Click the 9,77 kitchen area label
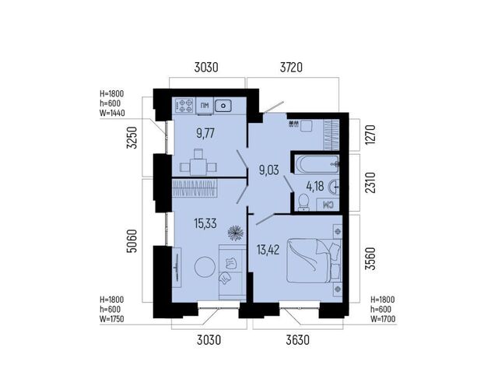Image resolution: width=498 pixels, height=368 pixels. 205,134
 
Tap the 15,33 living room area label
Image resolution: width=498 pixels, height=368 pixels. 205,223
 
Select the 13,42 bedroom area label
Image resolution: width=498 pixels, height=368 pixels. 268,250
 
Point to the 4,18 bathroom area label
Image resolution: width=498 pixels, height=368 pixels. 314,186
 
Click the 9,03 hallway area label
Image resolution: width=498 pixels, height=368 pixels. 269,170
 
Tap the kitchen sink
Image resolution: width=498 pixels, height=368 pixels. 223,105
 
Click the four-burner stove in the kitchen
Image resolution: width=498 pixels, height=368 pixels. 184,106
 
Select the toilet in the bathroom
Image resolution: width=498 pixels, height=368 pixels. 304,202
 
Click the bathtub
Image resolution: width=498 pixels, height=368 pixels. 317,164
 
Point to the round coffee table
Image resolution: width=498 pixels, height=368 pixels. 205,267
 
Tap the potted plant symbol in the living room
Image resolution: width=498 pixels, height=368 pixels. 236,233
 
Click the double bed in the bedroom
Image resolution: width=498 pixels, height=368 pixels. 314,261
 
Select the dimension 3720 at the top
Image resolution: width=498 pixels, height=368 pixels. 291,68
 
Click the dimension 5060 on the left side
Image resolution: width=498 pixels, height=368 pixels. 132,241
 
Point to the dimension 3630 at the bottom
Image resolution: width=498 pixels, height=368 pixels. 297,340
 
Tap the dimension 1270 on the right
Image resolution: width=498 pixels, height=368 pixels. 370,135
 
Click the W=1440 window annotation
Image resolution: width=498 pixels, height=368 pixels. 112,113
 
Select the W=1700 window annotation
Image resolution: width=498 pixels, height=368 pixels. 383,318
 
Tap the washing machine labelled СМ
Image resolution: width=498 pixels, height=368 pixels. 328,205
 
